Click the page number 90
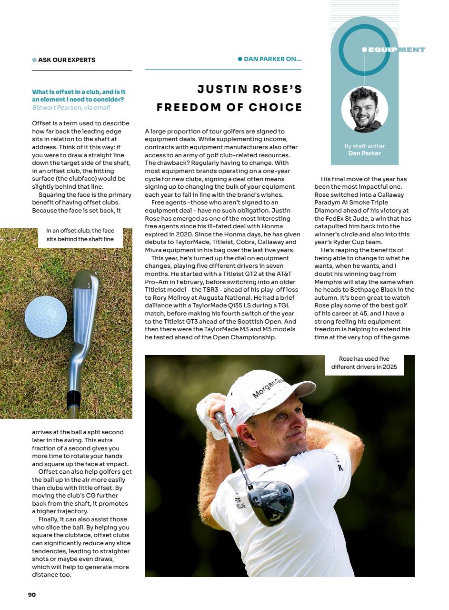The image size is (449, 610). click(x=32, y=594)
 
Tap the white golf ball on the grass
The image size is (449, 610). click(x=46, y=317)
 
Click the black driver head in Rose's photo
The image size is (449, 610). click(x=270, y=502)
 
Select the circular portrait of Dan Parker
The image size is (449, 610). click(x=364, y=110)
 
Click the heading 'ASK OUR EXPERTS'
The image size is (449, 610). click(x=67, y=60)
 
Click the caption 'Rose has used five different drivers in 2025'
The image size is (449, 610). click(x=364, y=363)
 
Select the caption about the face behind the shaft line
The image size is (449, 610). click(x=80, y=235)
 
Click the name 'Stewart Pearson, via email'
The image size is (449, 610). click(x=71, y=108)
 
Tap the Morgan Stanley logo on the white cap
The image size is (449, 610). click(x=268, y=387)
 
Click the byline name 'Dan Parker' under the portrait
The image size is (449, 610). click(x=364, y=153)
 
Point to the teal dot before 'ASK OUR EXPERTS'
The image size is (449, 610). click(x=34, y=60)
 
